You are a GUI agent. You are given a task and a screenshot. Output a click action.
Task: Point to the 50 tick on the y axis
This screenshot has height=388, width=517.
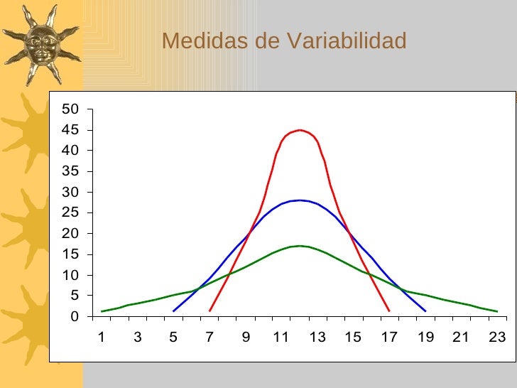[x=70, y=109]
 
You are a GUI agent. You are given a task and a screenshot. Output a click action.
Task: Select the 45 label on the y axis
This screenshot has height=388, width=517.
[x=70, y=130]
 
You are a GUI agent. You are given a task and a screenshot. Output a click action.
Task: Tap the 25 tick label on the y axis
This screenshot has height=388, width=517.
[x=70, y=213]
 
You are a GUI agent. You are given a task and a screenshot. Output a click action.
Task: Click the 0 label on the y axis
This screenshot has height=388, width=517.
[x=74, y=317]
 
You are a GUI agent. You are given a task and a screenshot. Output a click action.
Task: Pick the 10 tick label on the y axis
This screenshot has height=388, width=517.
[x=70, y=276]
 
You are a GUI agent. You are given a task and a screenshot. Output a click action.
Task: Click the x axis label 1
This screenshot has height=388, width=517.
[x=102, y=338]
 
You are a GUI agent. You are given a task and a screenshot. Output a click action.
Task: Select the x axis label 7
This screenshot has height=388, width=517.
[x=209, y=338]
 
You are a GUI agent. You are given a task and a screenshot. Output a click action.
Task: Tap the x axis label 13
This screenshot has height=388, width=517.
[x=317, y=338]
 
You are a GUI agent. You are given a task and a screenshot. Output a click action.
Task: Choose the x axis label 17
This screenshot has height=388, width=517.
[x=389, y=338]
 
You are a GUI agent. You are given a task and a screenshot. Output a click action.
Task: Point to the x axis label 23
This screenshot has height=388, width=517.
[x=497, y=338]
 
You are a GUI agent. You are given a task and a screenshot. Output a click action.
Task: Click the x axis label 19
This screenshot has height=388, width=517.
[x=425, y=338]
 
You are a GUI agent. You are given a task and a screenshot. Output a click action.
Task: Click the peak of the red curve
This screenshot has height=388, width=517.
[x=300, y=130]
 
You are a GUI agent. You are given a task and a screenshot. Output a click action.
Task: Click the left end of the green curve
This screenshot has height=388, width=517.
[x=102, y=311]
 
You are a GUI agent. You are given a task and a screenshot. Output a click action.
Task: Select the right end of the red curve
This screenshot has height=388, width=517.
[x=389, y=311]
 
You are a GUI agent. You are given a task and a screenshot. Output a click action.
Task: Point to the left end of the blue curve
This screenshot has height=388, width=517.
[x=174, y=311]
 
